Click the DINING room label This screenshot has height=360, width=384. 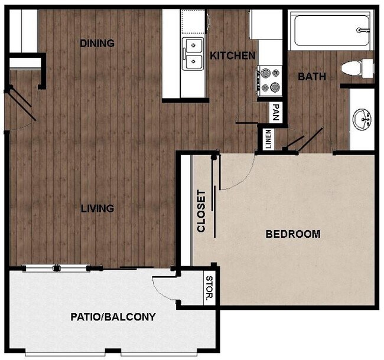coord(97,43)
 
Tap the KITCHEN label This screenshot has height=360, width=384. coord(233,56)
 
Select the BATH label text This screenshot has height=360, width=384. coord(311,77)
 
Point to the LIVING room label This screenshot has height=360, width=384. coord(97,208)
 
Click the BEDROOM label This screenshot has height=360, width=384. coord(293,234)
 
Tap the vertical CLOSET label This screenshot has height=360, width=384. coord(201,211)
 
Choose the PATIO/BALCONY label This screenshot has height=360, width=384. coord(113,317)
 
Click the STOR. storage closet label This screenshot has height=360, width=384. coord(209,288)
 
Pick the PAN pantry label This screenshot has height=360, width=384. coord(275,111)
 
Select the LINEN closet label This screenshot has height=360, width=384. coord(268,139)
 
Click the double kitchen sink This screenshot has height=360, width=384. coord(193,54)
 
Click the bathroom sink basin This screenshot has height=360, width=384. coord(362,120)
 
